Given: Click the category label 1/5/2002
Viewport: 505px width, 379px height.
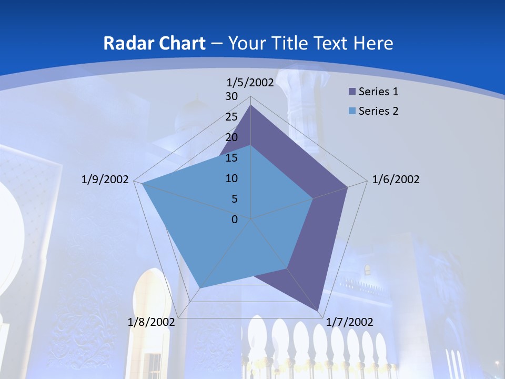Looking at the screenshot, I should (250, 82).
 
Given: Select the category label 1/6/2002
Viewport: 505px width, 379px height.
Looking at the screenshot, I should (396, 179).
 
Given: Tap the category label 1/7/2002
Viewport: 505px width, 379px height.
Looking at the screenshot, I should (349, 322).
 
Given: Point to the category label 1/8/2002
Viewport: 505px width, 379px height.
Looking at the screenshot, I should (151, 322).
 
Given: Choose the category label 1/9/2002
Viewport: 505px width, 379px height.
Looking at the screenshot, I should (105, 179).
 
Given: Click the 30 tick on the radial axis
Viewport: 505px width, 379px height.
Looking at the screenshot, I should (231, 96).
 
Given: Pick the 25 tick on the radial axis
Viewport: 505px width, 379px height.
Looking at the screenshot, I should (231, 117).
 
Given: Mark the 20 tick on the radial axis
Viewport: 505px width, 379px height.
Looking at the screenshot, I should (231, 137).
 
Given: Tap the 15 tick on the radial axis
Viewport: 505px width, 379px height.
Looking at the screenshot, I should (231, 158).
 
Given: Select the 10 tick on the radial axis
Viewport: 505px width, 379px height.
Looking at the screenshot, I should (231, 178).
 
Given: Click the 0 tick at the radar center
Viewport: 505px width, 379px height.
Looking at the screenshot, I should (235, 220).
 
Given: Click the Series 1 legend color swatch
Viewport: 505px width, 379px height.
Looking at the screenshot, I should (352, 92).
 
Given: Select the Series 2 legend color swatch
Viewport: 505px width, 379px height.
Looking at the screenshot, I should (352, 111).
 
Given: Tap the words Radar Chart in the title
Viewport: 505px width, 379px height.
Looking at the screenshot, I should (154, 43).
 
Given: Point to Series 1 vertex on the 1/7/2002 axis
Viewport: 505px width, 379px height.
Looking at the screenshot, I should (319, 311).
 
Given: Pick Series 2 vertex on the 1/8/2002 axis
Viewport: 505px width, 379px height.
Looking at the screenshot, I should (199, 288).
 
